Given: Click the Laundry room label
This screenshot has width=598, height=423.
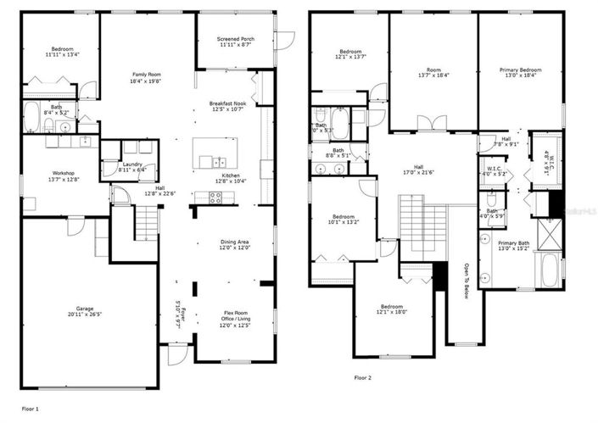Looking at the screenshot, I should [131, 166].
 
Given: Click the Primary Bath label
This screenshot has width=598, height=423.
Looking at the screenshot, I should [520, 247].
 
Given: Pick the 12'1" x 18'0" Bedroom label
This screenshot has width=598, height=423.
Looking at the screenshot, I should [391, 309].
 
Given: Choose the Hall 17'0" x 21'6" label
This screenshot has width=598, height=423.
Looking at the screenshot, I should [417, 170].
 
